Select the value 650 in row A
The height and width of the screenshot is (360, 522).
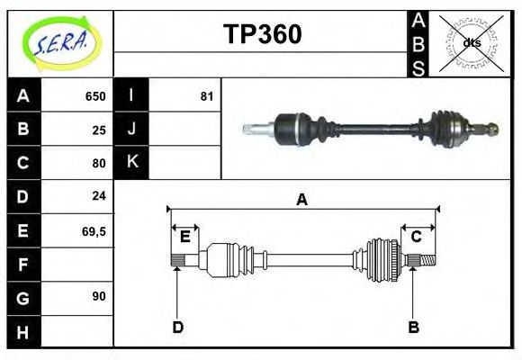pyautogui.click(x=95, y=96)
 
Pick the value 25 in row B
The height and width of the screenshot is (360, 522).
pyautogui.click(x=99, y=130)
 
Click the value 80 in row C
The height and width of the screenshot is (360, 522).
pyautogui.click(x=99, y=163)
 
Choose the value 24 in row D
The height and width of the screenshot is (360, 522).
pyautogui.click(x=99, y=195)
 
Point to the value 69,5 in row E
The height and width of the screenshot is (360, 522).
pyautogui.click(x=94, y=231)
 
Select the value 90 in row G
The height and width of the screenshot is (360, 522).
pyautogui.click(x=99, y=295)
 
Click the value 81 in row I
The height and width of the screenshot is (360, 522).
pyautogui.click(x=207, y=96)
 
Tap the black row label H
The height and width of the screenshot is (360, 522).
pyautogui.click(x=23, y=333)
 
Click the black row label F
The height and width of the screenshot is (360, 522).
pyautogui.click(x=23, y=265)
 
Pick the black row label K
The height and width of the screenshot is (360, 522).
pyautogui.click(x=132, y=162)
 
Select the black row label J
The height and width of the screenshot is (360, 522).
pyautogui.click(x=132, y=130)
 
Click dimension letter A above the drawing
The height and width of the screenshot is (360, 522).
pyautogui.click(x=301, y=199)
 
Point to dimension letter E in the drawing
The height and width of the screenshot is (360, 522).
pyautogui.click(x=184, y=237)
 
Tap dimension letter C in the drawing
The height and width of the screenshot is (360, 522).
pyautogui.click(x=417, y=237)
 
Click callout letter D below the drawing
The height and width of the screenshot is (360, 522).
pyautogui.click(x=177, y=327)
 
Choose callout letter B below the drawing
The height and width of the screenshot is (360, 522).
pyautogui.click(x=414, y=327)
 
